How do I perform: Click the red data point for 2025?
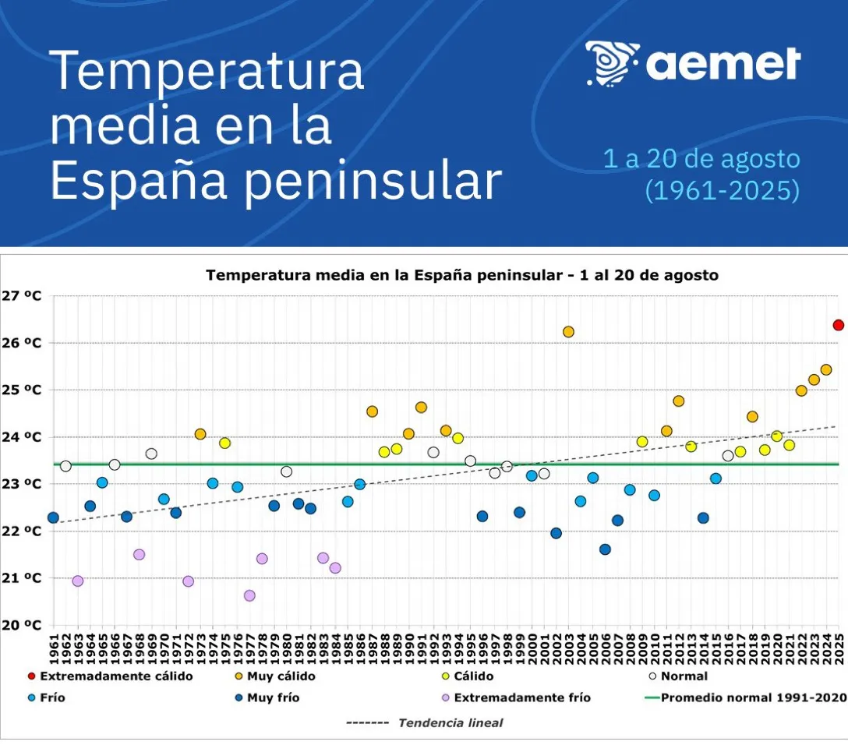(x=839, y=325)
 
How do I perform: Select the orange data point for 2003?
(x=568, y=332)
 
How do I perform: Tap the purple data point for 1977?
(x=249, y=595)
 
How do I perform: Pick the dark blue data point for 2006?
(x=605, y=549)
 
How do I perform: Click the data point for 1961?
(x=53, y=517)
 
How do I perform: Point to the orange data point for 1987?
(x=372, y=411)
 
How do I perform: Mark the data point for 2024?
(x=826, y=369)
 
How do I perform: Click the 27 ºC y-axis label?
(x=22, y=296)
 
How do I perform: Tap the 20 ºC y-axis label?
(x=22, y=625)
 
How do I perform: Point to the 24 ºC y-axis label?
(x=22, y=437)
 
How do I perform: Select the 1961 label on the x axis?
(x=53, y=648)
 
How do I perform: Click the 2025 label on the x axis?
(x=839, y=648)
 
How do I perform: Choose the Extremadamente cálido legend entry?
(x=116, y=676)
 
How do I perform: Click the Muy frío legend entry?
(x=273, y=697)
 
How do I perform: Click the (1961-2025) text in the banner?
(x=722, y=190)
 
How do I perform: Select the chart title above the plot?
(x=461, y=275)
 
